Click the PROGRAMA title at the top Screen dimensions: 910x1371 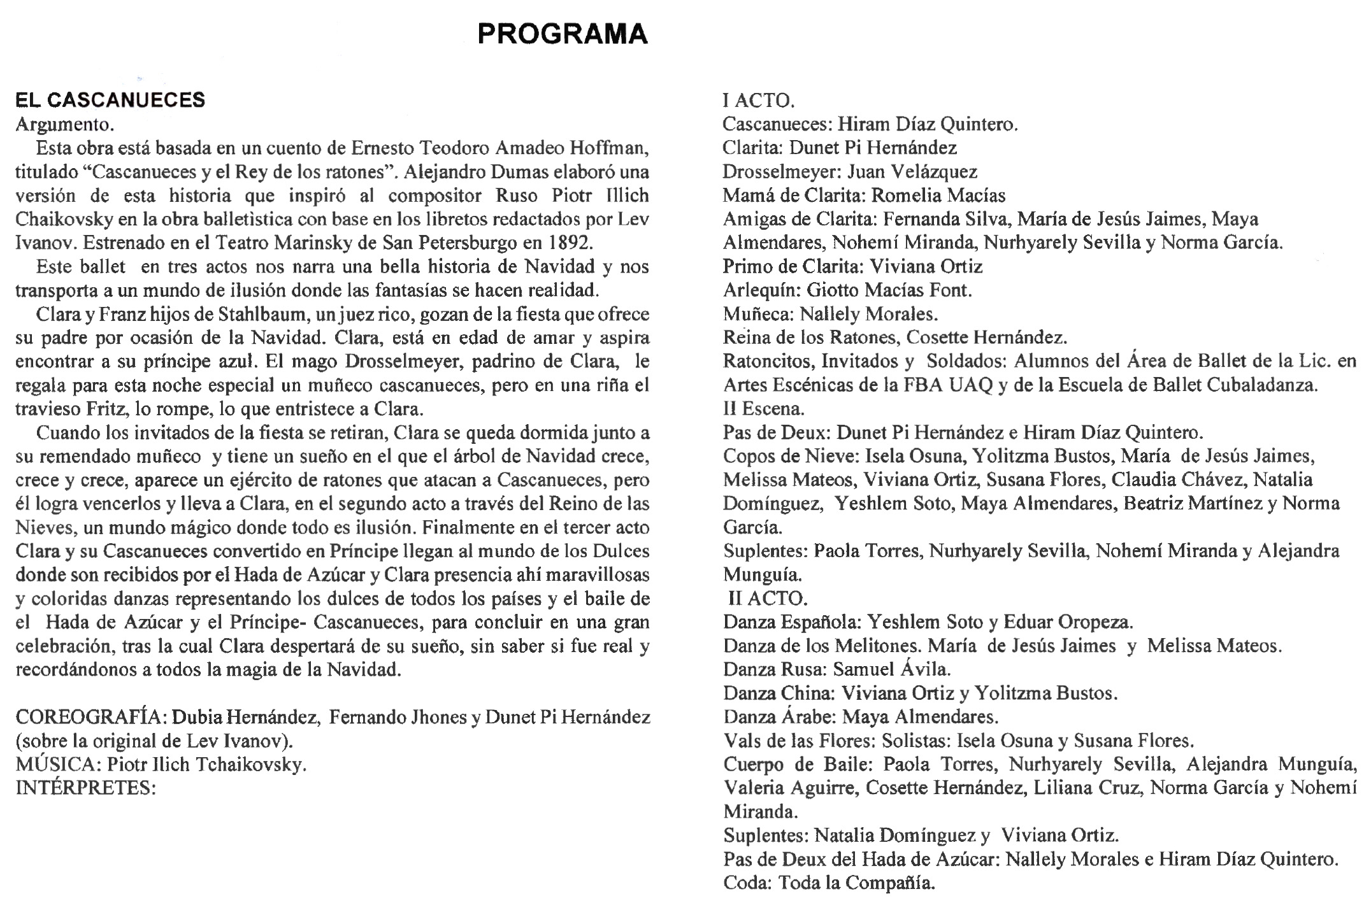point(562,34)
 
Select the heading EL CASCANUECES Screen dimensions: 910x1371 point(110,100)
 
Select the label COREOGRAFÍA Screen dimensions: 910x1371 point(91,718)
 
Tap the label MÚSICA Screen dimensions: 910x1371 point(57,764)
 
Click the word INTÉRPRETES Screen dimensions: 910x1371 point(85,788)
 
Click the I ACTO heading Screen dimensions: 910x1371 point(758,101)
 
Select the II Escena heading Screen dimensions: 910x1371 point(763,408)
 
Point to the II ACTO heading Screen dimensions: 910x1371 point(768,599)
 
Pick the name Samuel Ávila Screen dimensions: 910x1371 point(891,669)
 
